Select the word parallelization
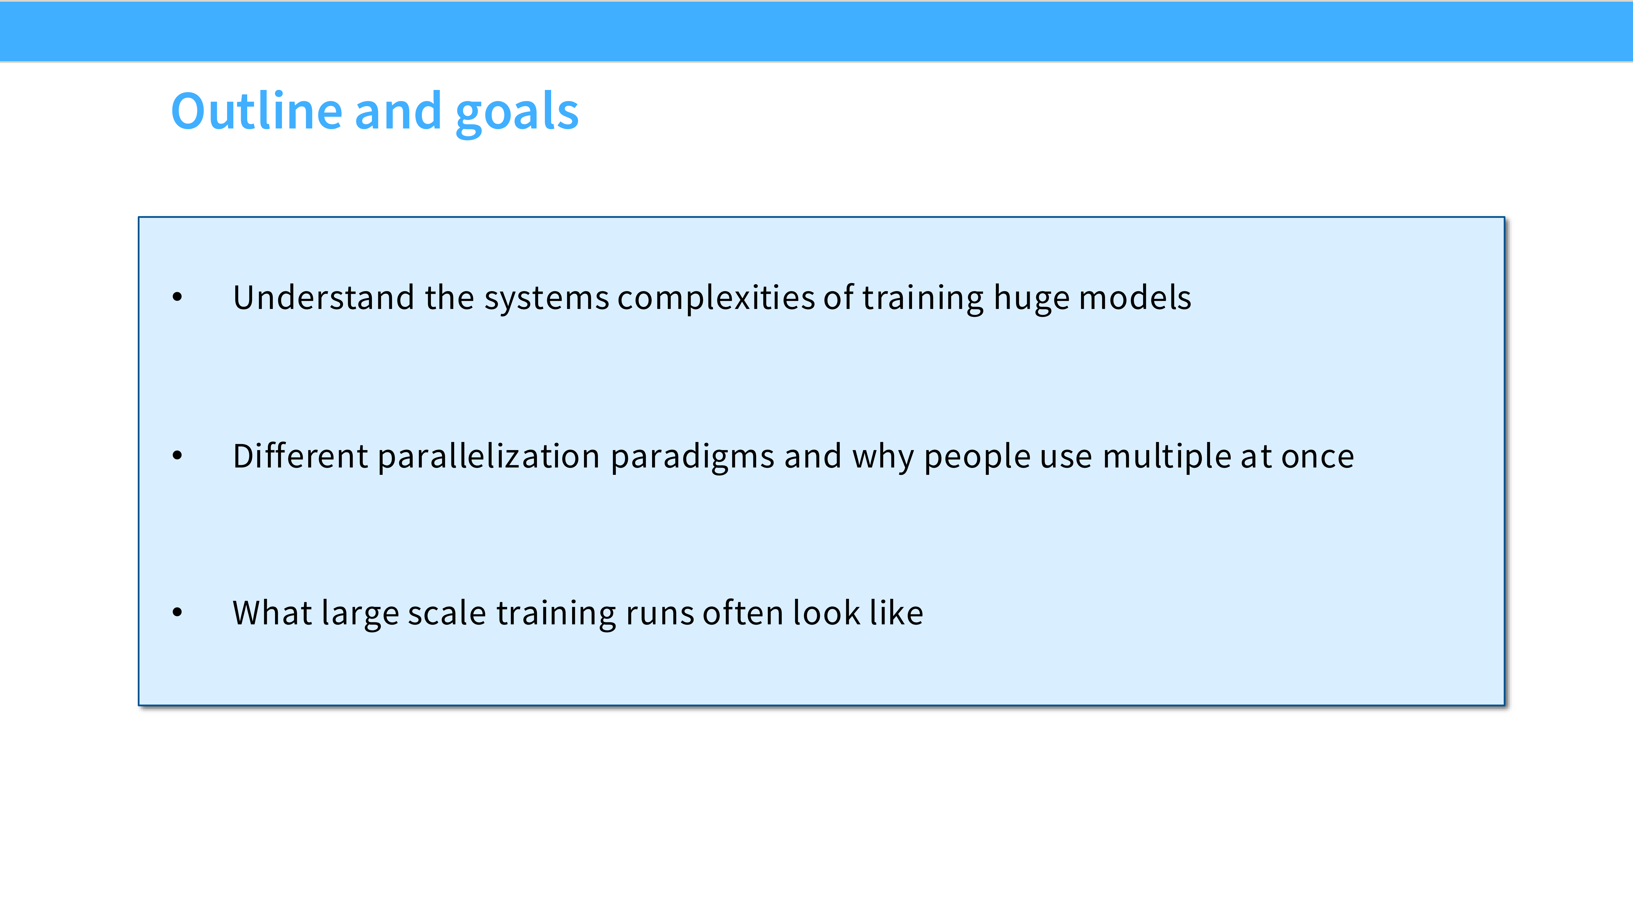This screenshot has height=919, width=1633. tap(489, 457)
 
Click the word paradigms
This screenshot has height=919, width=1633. tap(692, 458)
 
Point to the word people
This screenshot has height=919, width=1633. tap(977, 458)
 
